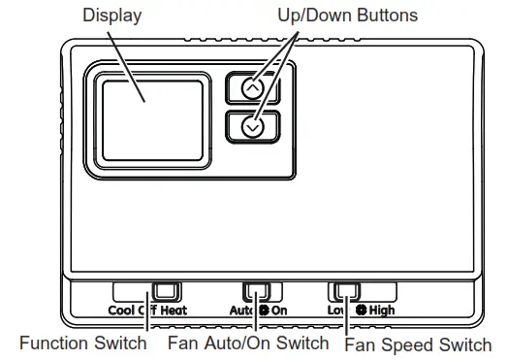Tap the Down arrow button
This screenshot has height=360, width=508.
coord(253,126)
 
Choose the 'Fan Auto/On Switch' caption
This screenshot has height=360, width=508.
coord(250,344)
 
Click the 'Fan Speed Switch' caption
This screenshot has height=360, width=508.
coord(417,344)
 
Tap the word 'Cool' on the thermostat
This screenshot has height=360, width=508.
coord(124,311)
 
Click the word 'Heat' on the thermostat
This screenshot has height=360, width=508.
coord(173,311)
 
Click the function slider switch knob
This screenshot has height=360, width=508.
coord(167,291)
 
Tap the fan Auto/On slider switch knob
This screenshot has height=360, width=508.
coord(256,291)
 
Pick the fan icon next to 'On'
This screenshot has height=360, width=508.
coord(263,311)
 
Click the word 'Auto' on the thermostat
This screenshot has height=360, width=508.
coord(242,311)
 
